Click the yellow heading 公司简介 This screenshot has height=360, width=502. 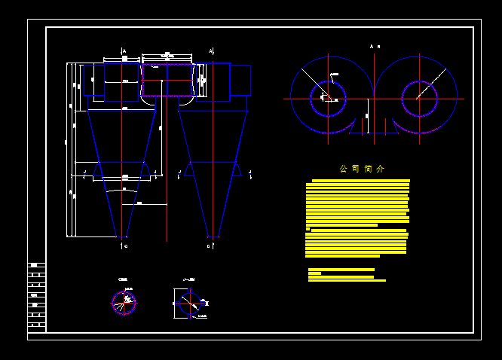362,169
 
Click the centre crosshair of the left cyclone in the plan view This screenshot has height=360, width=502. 329,98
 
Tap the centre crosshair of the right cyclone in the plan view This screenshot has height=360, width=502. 420,98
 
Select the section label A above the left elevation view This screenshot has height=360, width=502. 124,51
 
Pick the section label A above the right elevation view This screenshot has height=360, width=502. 211,51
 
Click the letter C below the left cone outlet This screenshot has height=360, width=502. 125,246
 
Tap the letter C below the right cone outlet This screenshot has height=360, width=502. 209,246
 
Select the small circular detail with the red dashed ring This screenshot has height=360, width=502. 124,302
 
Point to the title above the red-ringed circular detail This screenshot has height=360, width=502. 123,279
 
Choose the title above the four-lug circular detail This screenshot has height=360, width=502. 188,279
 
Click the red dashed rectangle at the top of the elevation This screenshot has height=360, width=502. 167,80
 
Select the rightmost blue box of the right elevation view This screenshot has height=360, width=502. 240,80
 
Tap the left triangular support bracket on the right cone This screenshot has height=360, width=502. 188,169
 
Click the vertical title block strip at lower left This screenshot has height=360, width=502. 36,297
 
